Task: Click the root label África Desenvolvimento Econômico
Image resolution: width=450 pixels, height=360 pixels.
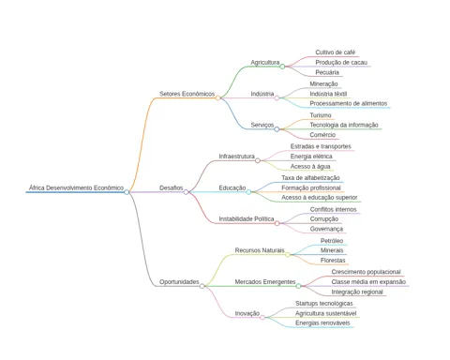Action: pos(76,187)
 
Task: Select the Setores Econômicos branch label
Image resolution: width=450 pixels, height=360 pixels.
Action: pos(187,94)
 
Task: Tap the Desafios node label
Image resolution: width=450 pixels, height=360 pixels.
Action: pos(172,187)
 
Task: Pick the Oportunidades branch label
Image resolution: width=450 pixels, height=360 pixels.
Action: pos(179,282)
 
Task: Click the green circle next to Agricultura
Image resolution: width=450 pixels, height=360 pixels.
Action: pos(282,67)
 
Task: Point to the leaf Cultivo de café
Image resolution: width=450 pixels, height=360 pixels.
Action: pos(336,52)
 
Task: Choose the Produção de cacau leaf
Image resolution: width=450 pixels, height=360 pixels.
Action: pos(341,63)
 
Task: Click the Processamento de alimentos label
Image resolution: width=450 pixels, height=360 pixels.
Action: pos(349,103)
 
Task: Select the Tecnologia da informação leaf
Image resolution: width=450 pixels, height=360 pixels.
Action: pos(344,125)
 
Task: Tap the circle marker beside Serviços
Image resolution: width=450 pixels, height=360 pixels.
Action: pos(277,129)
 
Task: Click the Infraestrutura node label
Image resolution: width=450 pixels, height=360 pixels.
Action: pos(236,157)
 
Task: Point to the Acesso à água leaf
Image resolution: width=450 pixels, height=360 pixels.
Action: pos(310,167)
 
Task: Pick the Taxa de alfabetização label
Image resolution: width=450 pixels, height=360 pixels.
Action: pos(310,178)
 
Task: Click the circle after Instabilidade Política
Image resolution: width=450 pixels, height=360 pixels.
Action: pos(277,223)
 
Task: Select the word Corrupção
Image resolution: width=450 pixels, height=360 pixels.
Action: pos(324,219)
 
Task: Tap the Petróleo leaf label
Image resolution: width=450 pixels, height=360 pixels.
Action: pos(332,241)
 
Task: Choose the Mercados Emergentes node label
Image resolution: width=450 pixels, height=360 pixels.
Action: pos(265,282)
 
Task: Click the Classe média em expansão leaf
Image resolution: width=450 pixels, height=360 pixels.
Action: pos(368,282)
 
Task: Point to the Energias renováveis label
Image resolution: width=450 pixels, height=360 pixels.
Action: pos(322,323)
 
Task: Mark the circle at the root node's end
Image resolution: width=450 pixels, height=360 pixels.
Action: pos(127,192)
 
